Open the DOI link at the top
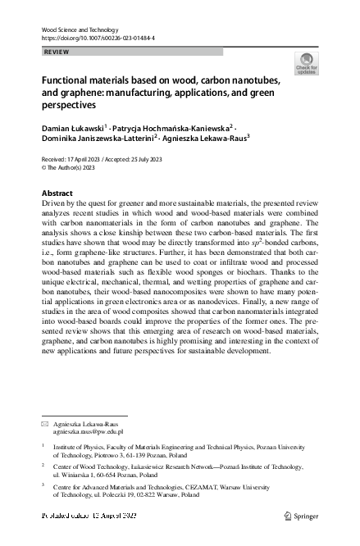pos(98,39)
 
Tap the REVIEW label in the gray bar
pos(56,52)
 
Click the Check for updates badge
pos(308,64)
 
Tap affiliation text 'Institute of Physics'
pos(78,447)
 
